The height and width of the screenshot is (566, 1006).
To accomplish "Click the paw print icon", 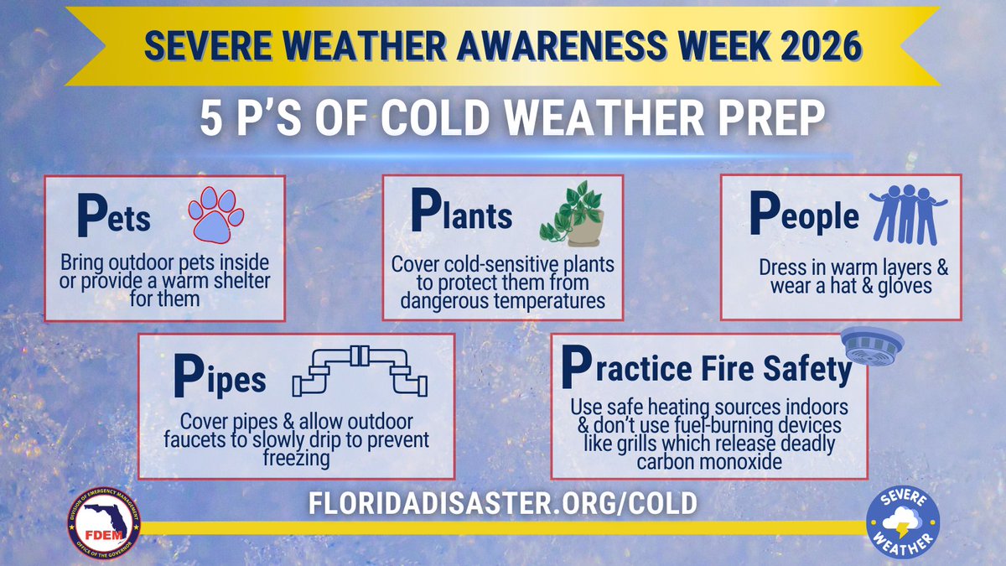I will pyautogui.click(x=215, y=215).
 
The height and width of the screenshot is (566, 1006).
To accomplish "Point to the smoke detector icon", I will pyautogui.click(x=872, y=344).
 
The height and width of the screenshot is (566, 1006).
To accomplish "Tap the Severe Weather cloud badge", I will pyautogui.click(x=903, y=525).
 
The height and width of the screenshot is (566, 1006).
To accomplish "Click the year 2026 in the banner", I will pyautogui.click(x=817, y=46).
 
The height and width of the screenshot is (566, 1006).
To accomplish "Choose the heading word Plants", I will pyautogui.click(x=461, y=214).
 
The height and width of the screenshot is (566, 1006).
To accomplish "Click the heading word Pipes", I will pyautogui.click(x=220, y=379).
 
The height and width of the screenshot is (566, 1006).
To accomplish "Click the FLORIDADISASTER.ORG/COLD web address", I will pyautogui.click(x=503, y=502).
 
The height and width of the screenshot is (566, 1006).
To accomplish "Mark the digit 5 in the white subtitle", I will pyautogui.click(x=212, y=120).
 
